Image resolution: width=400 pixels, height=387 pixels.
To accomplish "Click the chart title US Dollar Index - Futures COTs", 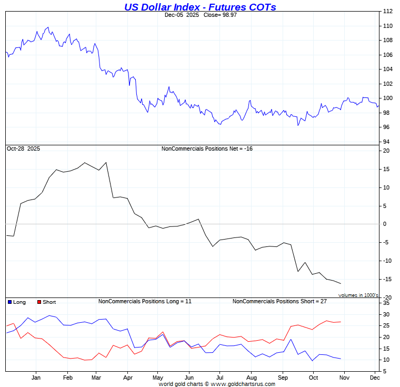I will click(x=200, y=7).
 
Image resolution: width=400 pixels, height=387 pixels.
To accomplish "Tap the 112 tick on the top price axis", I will click(x=387, y=11).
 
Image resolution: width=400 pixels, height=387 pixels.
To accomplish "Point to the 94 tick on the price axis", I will click(x=386, y=142).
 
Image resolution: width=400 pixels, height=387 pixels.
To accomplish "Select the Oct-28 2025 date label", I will click(x=23, y=149).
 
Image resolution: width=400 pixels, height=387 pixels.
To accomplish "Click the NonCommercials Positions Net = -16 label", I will click(x=207, y=149).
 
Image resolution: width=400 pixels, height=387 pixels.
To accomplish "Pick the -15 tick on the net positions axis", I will click(x=386, y=279).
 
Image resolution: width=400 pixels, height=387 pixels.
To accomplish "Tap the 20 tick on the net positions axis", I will click(x=386, y=151).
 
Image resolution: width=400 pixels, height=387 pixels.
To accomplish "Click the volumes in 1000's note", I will click(x=358, y=295).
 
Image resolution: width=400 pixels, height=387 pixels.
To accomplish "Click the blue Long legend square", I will click(x=9, y=302).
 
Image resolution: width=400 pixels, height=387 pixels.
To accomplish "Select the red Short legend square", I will click(x=39, y=302).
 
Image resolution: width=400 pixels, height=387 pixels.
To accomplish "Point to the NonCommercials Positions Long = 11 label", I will click(x=145, y=302).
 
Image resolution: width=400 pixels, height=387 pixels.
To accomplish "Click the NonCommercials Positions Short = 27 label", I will click(x=279, y=302).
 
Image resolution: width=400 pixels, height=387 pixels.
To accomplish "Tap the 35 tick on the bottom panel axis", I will click(x=386, y=303).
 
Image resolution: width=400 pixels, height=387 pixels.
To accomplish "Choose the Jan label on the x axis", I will click(x=36, y=378).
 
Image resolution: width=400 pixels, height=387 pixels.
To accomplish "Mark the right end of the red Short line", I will click(x=341, y=322).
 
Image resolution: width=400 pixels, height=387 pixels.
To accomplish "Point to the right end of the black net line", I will click(x=341, y=284).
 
